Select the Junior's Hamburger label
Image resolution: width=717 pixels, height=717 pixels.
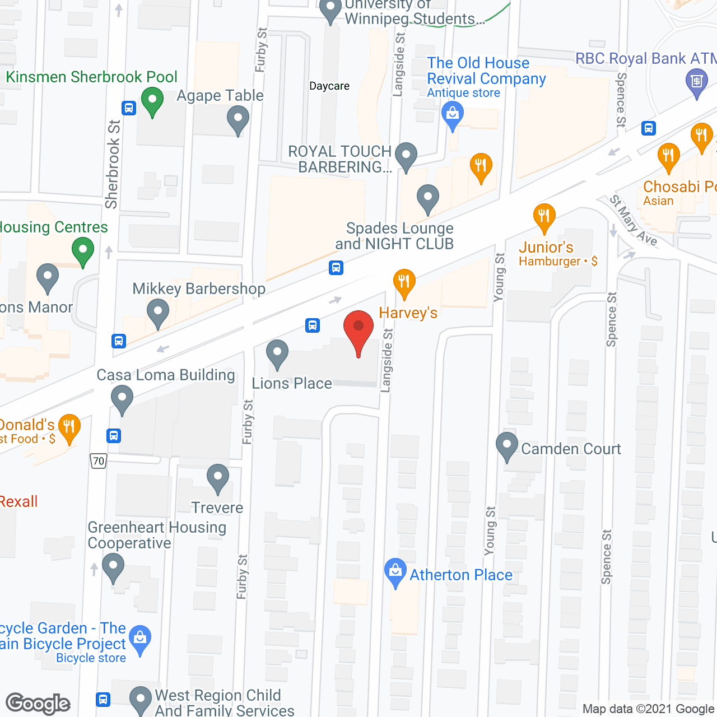tap(557, 254)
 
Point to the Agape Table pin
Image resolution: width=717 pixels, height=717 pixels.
tap(238, 119)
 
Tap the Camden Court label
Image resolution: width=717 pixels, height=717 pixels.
tap(571, 449)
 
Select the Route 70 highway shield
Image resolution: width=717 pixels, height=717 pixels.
tap(99, 461)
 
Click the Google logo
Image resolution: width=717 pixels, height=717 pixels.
tap(38, 704)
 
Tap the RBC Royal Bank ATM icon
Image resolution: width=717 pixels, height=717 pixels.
tap(697, 82)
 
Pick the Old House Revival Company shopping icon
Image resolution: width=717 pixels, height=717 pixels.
tap(453, 115)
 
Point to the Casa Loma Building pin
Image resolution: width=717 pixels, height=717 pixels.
tap(122, 399)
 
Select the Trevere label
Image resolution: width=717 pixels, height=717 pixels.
tap(217, 508)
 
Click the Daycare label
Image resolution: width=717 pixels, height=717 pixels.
tap(329, 86)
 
